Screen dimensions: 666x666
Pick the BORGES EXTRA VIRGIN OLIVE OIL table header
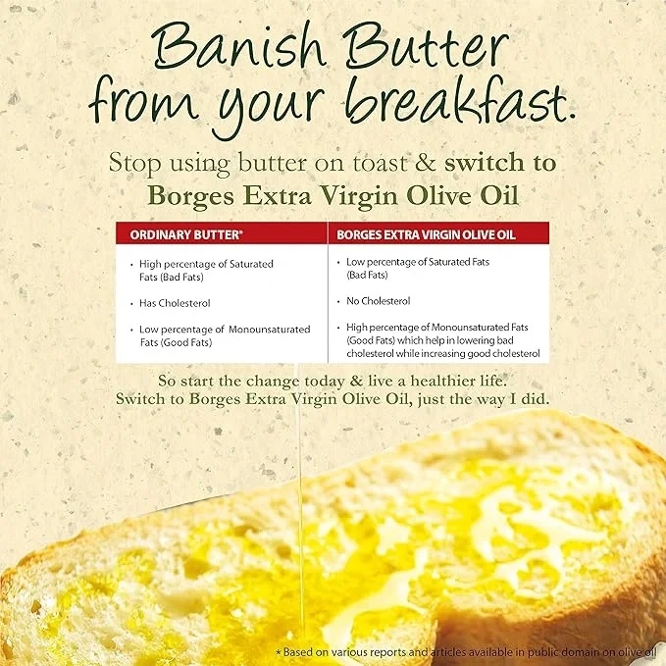[x=426, y=235]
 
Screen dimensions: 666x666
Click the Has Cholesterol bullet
[x=175, y=303]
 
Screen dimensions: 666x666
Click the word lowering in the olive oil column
[x=470, y=340]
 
